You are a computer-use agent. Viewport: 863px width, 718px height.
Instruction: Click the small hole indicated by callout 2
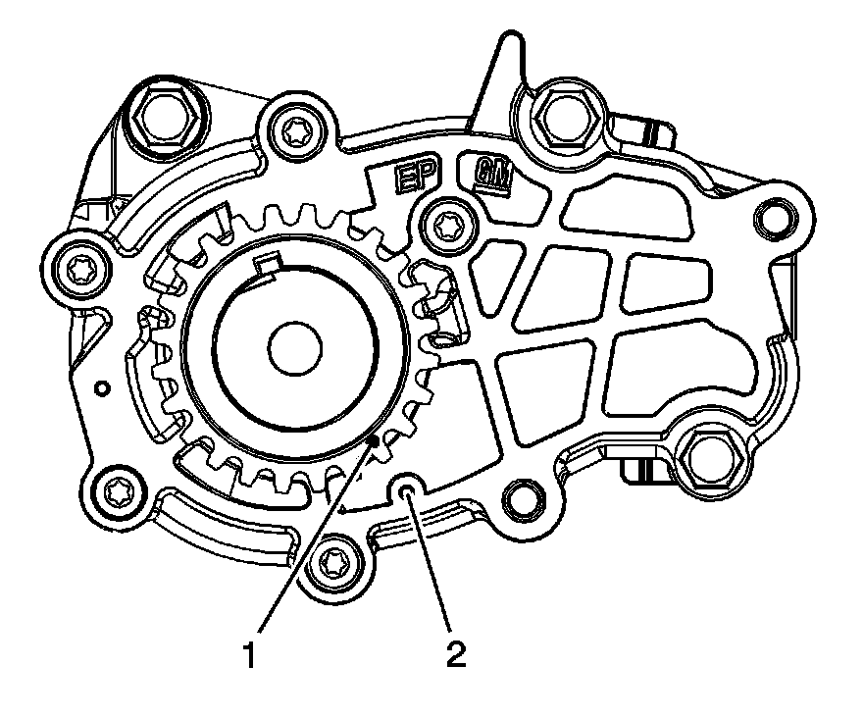409,487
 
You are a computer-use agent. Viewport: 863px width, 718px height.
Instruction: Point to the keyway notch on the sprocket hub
267,266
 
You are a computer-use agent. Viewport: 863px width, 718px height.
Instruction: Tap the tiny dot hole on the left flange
102,388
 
